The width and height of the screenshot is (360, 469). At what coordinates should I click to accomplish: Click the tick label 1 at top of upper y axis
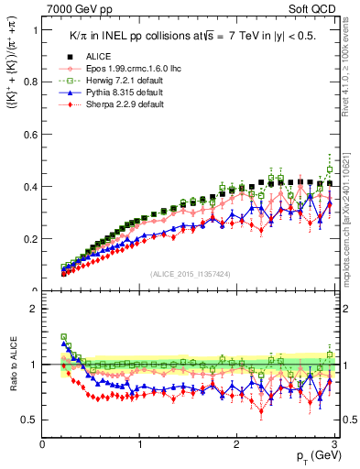[35, 29]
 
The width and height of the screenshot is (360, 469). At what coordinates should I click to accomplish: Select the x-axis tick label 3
[334, 444]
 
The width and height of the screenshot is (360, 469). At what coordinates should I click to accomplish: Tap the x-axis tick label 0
[43, 444]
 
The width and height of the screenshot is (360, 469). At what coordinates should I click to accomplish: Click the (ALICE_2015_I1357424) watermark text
[190, 275]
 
